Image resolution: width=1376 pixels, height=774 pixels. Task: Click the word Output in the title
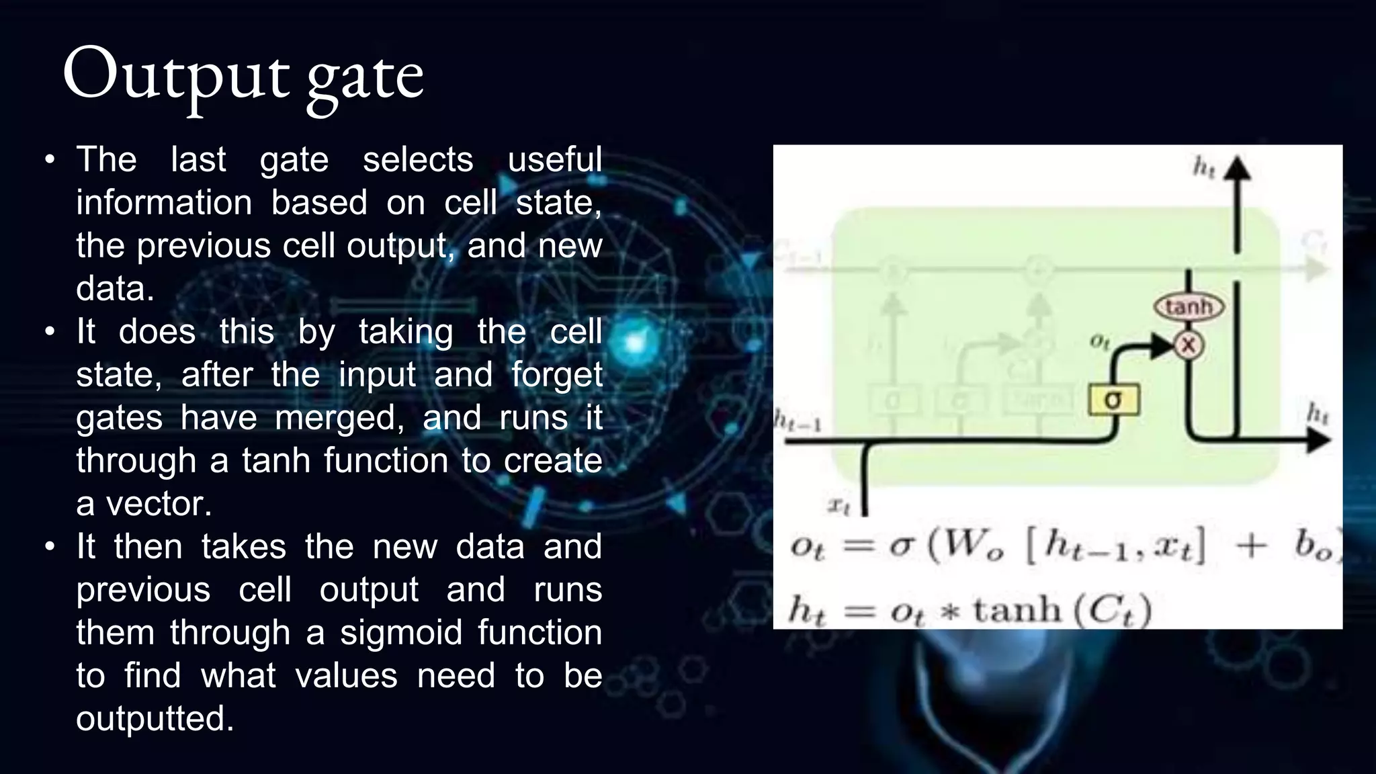(176, 75)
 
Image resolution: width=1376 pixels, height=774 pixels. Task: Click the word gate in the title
(365, 79)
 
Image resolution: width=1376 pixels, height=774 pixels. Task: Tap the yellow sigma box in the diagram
(1113, 400)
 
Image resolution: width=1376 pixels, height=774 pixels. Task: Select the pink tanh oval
(1189, 307)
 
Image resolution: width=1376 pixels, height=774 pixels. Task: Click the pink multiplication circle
(1189, 345)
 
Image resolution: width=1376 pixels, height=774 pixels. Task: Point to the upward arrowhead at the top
(1236, 169)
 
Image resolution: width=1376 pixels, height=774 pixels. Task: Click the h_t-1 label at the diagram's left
(798, 421)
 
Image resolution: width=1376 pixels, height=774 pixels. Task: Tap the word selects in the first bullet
(418, 160)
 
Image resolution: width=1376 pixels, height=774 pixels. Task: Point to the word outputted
(155, 719)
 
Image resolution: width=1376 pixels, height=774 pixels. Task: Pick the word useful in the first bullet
(554, 160)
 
